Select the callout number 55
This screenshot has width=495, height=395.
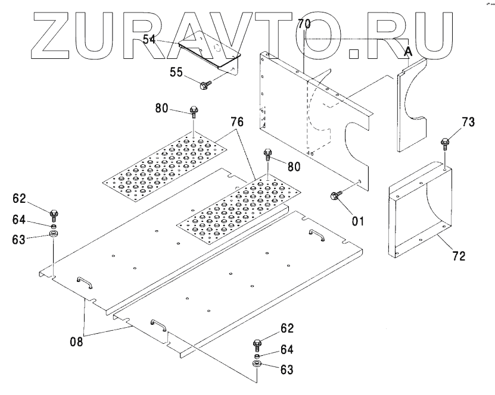pyautogui.click(x=176, y=73)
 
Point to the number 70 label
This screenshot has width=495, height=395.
pyautogui.click(x=304, y=25)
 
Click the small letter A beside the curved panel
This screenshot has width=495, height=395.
pyautogui.click(x=408, y=52)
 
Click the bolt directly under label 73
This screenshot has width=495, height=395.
pyautogui.click(x=444, y=143)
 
